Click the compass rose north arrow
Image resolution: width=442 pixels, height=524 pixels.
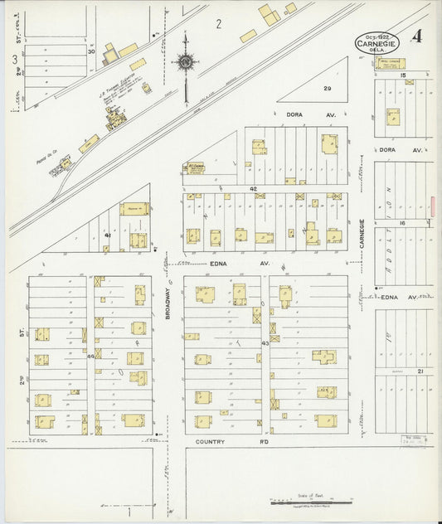point(185,61)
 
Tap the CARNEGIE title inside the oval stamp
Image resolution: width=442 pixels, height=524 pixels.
point(379,42)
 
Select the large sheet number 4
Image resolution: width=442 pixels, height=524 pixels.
point(415,36)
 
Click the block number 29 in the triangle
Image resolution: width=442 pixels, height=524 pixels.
point(327,88)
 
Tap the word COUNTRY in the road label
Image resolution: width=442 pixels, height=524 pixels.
point(211,442)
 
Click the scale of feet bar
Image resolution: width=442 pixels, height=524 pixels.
point(312,502)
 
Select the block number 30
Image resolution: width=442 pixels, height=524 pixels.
point(92,51)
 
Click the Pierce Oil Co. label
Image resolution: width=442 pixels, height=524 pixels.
point(46,153)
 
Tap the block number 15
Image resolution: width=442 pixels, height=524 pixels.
point(402,75)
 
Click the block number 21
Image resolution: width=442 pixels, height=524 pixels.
point(421,371)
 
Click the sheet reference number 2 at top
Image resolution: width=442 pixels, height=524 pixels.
point(218,23)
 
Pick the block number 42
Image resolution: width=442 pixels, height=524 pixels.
point(253,189)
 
